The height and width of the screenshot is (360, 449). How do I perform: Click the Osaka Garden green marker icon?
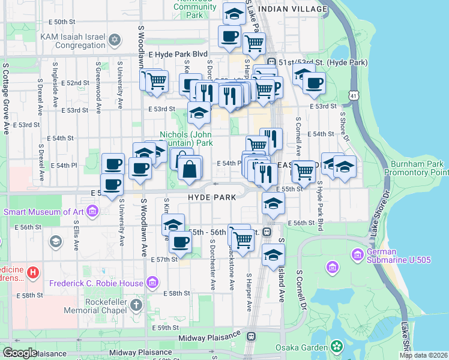(x=337, y=346)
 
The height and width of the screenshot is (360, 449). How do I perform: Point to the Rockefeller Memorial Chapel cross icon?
(x=136, y=305)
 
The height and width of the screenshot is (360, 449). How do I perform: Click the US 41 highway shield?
(x=354, y=96)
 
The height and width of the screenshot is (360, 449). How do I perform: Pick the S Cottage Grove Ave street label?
(x=6, y=99)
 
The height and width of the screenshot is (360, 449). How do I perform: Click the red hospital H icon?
(x=32, y=273)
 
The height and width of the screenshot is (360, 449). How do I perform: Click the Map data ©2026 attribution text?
(x=423, y=355)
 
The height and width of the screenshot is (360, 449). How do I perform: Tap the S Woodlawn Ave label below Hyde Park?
(x=144, y=231)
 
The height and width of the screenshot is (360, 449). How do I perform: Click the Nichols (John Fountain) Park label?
(x=186, y=139)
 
